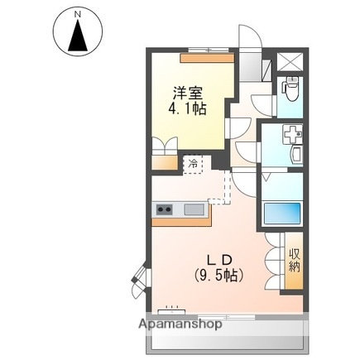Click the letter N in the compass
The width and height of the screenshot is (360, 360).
78,15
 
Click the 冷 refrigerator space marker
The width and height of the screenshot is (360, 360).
192,164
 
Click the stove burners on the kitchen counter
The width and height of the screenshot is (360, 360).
163,209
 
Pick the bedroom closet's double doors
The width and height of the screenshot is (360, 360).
165,149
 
